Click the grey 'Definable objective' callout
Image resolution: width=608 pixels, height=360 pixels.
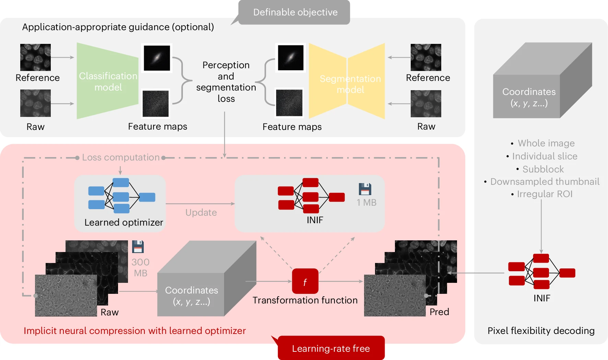(295, 12)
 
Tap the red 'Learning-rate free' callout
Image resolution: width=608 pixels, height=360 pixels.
(331, 348)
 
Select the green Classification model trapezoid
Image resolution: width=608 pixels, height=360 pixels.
(108, 81)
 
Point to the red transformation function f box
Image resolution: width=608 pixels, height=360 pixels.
(305, 281)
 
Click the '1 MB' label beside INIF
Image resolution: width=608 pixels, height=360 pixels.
(366, 203)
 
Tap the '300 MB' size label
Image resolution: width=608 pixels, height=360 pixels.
(140, 267)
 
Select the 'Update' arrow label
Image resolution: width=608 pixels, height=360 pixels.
(201, 213)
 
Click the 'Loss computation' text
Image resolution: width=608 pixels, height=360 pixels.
(121, 157)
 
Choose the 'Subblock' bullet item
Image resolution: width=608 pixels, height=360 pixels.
(543, 169)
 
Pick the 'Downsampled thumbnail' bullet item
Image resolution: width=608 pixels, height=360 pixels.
(545, 181)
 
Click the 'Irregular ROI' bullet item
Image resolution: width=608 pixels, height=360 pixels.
(545, 194)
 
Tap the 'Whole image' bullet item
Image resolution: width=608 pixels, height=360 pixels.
(546, 143)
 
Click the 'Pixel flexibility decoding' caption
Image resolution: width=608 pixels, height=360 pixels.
(541, 331)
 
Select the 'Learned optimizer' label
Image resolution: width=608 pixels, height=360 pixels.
(124, 223)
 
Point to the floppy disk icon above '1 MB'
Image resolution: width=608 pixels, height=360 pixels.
(365, 189)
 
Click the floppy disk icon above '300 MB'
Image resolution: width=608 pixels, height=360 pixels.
(138, 247)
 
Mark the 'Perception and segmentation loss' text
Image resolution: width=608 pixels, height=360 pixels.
(226, 82)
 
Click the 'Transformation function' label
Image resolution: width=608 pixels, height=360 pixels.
(305, 300)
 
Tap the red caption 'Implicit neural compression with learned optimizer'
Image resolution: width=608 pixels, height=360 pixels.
(135, 331)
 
